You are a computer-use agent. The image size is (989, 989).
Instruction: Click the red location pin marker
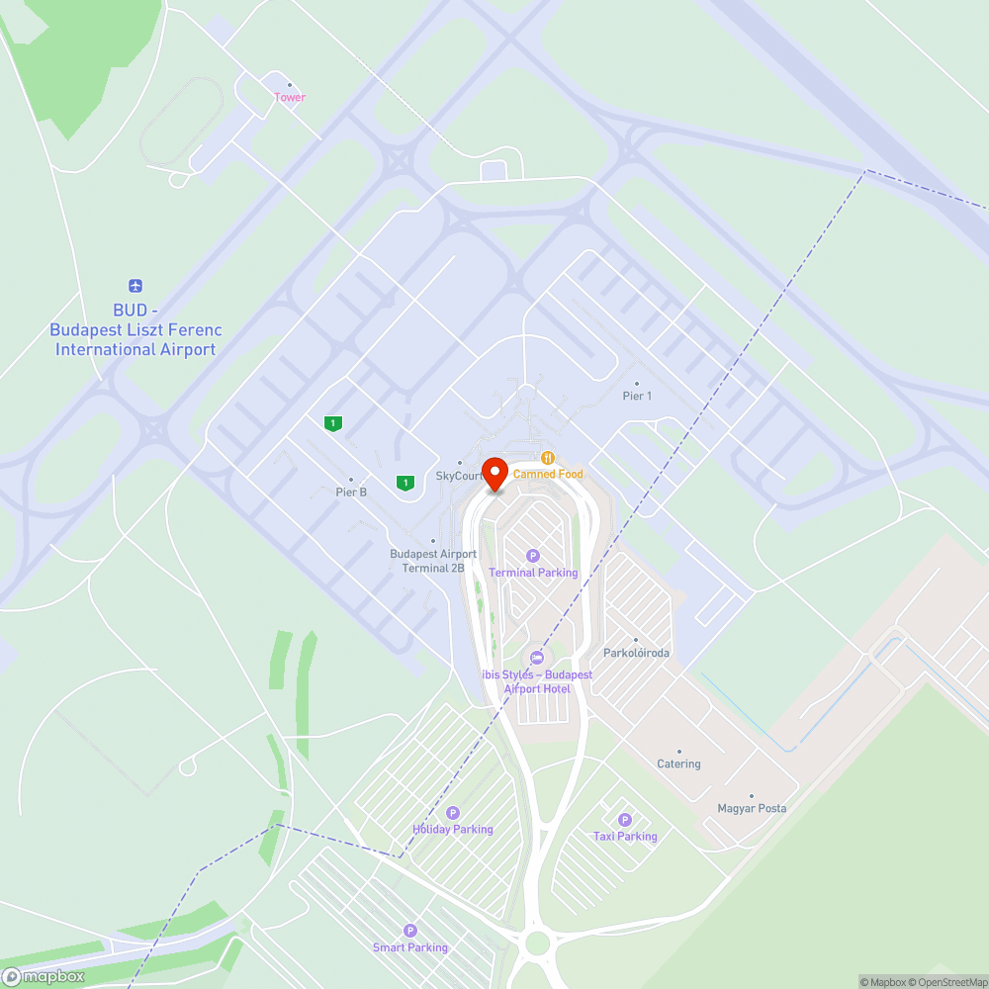(x=494, y=472)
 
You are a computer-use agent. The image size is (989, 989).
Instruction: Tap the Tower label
(x=290, y=97)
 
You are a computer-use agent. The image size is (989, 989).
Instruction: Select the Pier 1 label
(x=637, y=396)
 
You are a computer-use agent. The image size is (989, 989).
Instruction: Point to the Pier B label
(x=351, y=491)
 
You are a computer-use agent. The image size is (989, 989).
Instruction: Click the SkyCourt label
(x=459, y=476)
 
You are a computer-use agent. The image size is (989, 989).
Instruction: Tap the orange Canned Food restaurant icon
(x=548, y=458)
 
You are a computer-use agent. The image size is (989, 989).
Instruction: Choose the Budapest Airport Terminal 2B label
(x=433, y=561)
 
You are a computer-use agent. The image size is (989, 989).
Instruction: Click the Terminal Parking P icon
(x=533, y=556)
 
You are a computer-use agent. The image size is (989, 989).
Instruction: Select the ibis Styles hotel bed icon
(x=537, y=658)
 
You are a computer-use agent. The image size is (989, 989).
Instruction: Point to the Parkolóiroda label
(x=637, y=653)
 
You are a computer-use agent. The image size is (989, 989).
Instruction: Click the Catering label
(x=678, y=764)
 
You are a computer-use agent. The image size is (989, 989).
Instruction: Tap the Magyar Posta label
(x=752, y=808)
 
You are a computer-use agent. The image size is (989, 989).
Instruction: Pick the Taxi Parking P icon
(x=624, y=820)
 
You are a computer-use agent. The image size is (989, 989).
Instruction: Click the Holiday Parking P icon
(x=453, y=813)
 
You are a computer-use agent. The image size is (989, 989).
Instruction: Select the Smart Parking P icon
(x=410, y=931)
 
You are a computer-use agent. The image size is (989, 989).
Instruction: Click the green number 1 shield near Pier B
(x=334, y=423)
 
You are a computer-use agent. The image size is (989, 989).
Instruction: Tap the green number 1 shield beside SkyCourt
(x=404, y=483)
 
